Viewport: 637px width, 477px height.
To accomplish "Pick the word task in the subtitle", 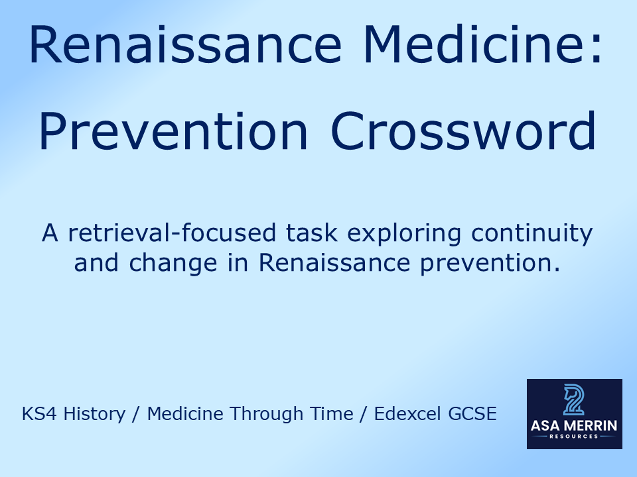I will pyautogui.click(x=349, y=233).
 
